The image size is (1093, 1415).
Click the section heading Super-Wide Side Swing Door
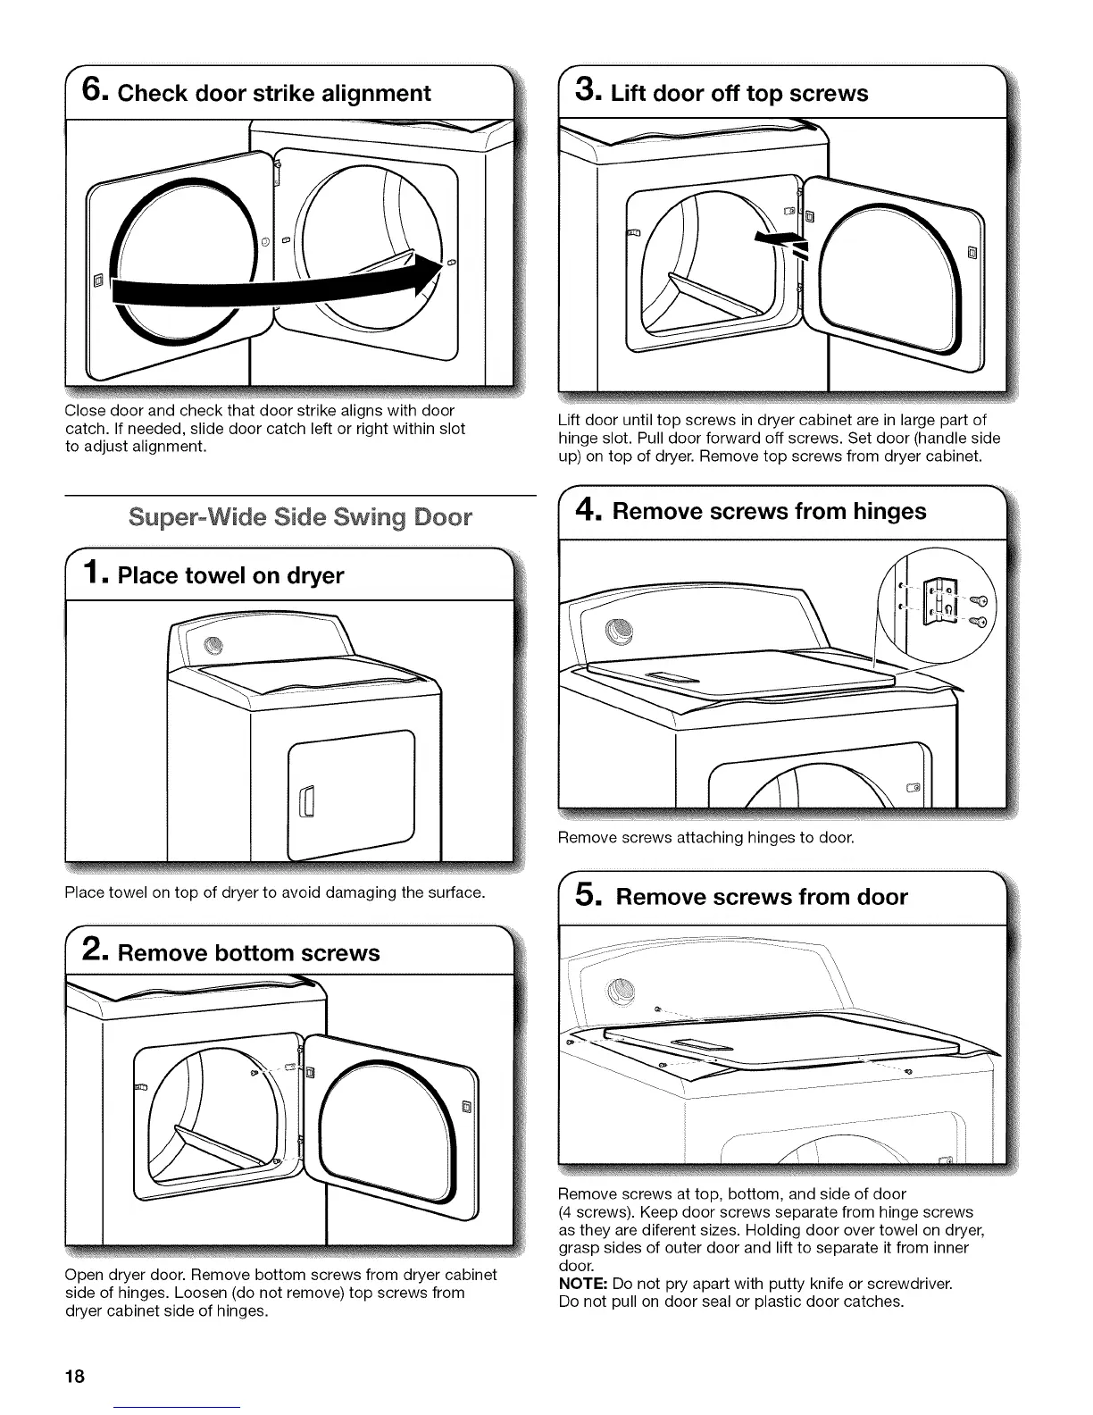click(300, 517)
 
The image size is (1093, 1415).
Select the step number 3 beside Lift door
click(588, 91)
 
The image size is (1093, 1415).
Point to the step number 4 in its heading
click(588, 510)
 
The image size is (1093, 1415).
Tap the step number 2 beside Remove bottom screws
click(94, 952)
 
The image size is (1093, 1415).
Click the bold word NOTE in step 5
click(582, 1285)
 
